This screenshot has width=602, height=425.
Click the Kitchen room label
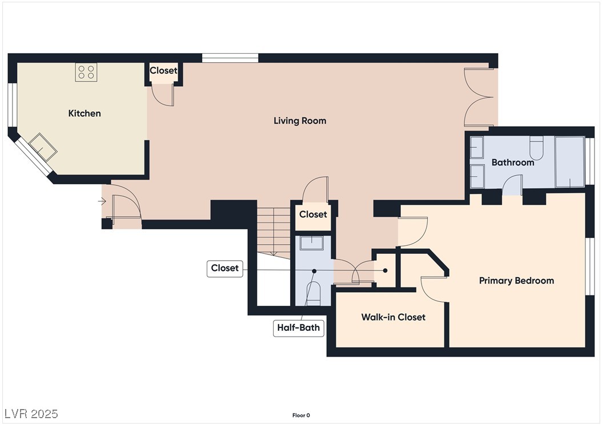85,113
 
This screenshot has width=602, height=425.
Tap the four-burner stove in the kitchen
86,72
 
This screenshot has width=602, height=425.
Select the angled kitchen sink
43,147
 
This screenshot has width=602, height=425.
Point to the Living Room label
300,121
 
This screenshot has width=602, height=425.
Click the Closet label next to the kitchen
163,71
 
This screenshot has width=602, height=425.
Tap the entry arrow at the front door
102,201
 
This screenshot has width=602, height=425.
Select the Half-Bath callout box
298,327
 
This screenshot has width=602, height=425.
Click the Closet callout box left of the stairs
224,268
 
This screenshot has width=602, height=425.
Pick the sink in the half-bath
312,243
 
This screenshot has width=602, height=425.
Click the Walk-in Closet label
393,317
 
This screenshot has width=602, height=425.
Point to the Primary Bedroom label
516,281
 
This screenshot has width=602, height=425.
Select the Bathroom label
512,163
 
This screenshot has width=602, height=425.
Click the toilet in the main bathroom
536,148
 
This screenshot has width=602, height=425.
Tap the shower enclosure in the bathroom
570,162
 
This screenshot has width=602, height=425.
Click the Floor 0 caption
301,415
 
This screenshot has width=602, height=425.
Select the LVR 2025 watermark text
31,414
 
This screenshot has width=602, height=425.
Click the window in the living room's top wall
230,58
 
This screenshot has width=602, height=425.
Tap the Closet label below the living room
313,214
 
